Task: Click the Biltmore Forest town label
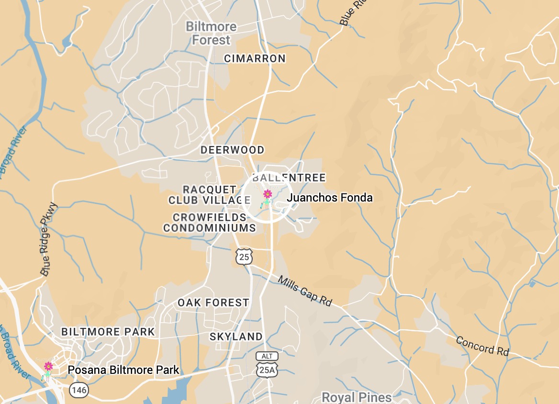(x=211, y=33)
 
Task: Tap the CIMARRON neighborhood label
(x=255, y=58)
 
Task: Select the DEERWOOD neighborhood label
(x=232, y=150)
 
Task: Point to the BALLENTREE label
(x=289, y=178)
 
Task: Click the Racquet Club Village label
(x=210, y=195)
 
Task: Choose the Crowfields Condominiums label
(x=210, y=223)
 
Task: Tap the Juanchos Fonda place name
(x=329, y=198)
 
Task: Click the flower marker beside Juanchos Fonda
(x=268, y=194)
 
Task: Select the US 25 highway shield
(x=244, y=257)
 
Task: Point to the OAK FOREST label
(x=213, y=303)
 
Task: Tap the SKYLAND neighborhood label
(x=236, y=337)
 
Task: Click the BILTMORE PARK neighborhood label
(x=108, y=332)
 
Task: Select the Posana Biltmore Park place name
(x=123, y=370)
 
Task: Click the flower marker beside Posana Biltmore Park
(x=48, y=367)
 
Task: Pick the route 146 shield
(x=79, y=390)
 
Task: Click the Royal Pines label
(x=357, y=397)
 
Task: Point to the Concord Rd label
(x=482, y=346)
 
